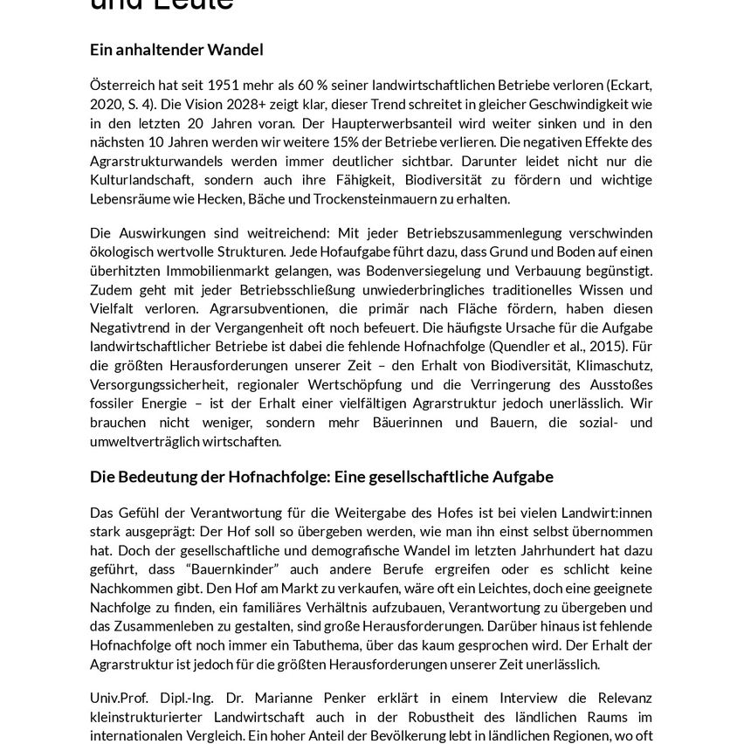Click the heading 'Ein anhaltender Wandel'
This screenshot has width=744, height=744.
[x=176, y=50]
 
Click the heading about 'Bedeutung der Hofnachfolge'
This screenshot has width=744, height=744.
[x=321, y=477]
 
